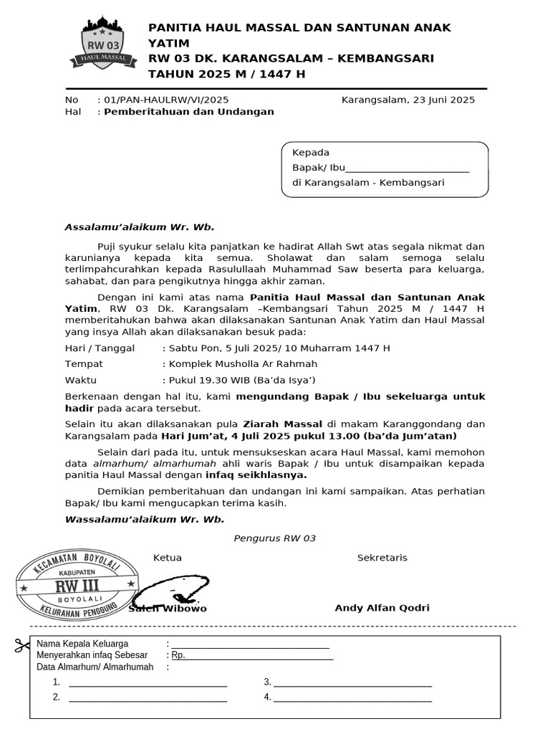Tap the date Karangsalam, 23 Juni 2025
pyautogui.click(x=408, y=100)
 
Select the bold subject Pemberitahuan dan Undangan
pyautogui.click(x=189, y=113)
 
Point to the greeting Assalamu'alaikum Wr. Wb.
pyautogui.click(x=140, y=227)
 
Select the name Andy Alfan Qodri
pyautogui.click(x=382, y=609)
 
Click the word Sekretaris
pyautogui.click(x=382, y=558)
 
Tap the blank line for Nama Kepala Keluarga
pyautogui.click(x=250, y=644)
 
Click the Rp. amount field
pyautogui.click(x=252, y=656)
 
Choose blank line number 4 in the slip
pyautogui.click(x=352, y=697)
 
